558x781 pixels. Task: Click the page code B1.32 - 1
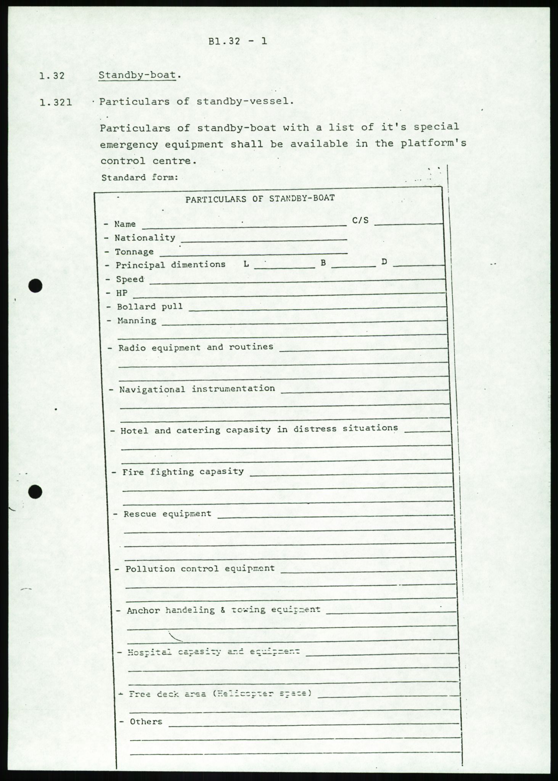[x=238, y=41]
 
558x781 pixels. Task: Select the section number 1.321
[x=56, y=102]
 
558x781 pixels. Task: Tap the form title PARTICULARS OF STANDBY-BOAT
[x=260, y=198]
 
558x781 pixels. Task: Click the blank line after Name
[x=244, y=226]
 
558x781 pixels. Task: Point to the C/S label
[x=360, y=220]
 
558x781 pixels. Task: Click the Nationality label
[x=145, y=238]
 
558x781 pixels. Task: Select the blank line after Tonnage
[x=254, y=253]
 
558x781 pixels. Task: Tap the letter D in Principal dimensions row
[x=384, y=262]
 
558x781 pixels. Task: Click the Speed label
[x=130, y=279]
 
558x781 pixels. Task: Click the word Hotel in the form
[x=133, y=431]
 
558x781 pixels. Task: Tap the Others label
[x=146, y=722]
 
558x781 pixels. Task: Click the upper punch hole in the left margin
[x=35, y=286]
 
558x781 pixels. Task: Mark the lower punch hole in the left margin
[x=35, y=492]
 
